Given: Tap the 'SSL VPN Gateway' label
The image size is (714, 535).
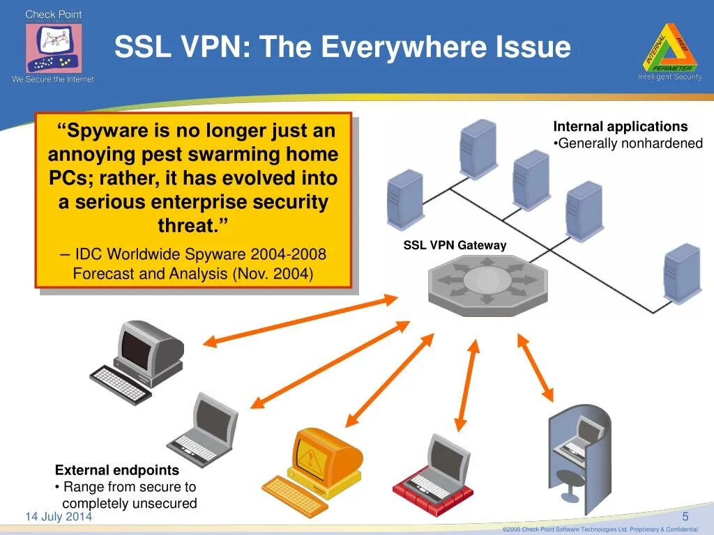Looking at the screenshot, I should click(455, 245).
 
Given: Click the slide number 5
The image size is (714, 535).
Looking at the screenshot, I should click(685, 516).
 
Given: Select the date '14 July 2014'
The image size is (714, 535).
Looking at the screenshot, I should click(59, 516).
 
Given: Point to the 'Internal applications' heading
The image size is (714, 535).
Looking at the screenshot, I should click(620, 127).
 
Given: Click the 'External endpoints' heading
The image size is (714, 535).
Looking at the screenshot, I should click(117, 470).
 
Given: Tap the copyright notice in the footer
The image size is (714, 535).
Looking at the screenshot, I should click(600, 529).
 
